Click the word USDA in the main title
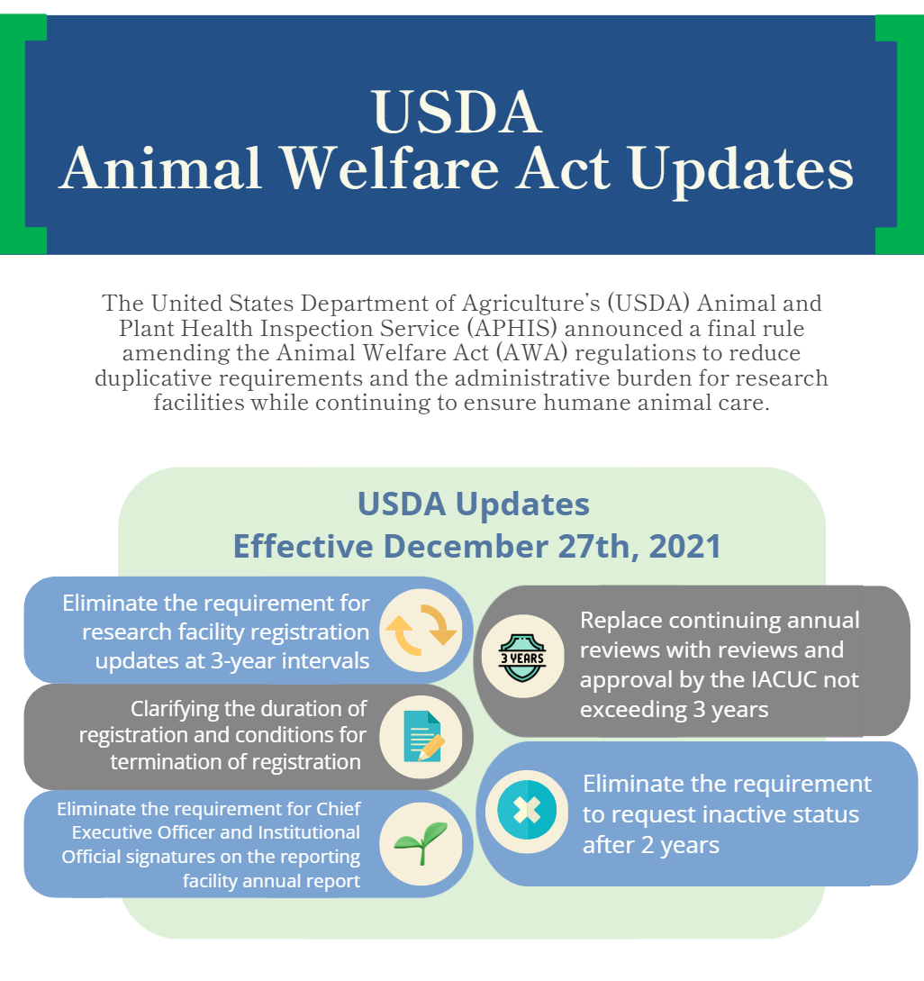(457, 112)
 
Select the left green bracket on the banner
(23, 135)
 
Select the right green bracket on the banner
(900, 135)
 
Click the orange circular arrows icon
(421, 629)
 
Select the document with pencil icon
(421, 736)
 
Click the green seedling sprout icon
(421, 844)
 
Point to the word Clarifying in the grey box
(186, 709)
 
